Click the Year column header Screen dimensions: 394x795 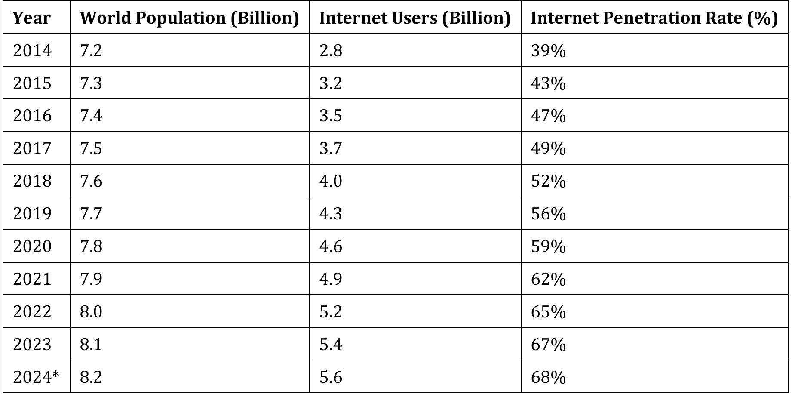(x=31, y=18)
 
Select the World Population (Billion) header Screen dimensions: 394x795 (x=189, y=18)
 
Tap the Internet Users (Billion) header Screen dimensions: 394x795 (x=414, y=18)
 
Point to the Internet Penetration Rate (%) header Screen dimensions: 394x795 (x=654, y=18)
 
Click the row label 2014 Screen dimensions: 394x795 (x=32, y=51)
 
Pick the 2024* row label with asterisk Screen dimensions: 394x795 (x=36, y=377)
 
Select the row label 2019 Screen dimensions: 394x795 (x=32, y=214)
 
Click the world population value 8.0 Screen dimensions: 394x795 (x=91, y=312)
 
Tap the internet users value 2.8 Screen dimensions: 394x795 (x=331, y=51)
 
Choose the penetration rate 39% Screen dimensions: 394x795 (x=548, y=51)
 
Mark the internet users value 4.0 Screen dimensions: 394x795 (x=331, y=181)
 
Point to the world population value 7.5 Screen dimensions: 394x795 (x=91, y=148)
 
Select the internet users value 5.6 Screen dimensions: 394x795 (x=331, y=377)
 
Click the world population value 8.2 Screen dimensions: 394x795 (x=91, y=377)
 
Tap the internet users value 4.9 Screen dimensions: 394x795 (x=331, y=279)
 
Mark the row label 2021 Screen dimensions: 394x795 (x=32, y=279)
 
